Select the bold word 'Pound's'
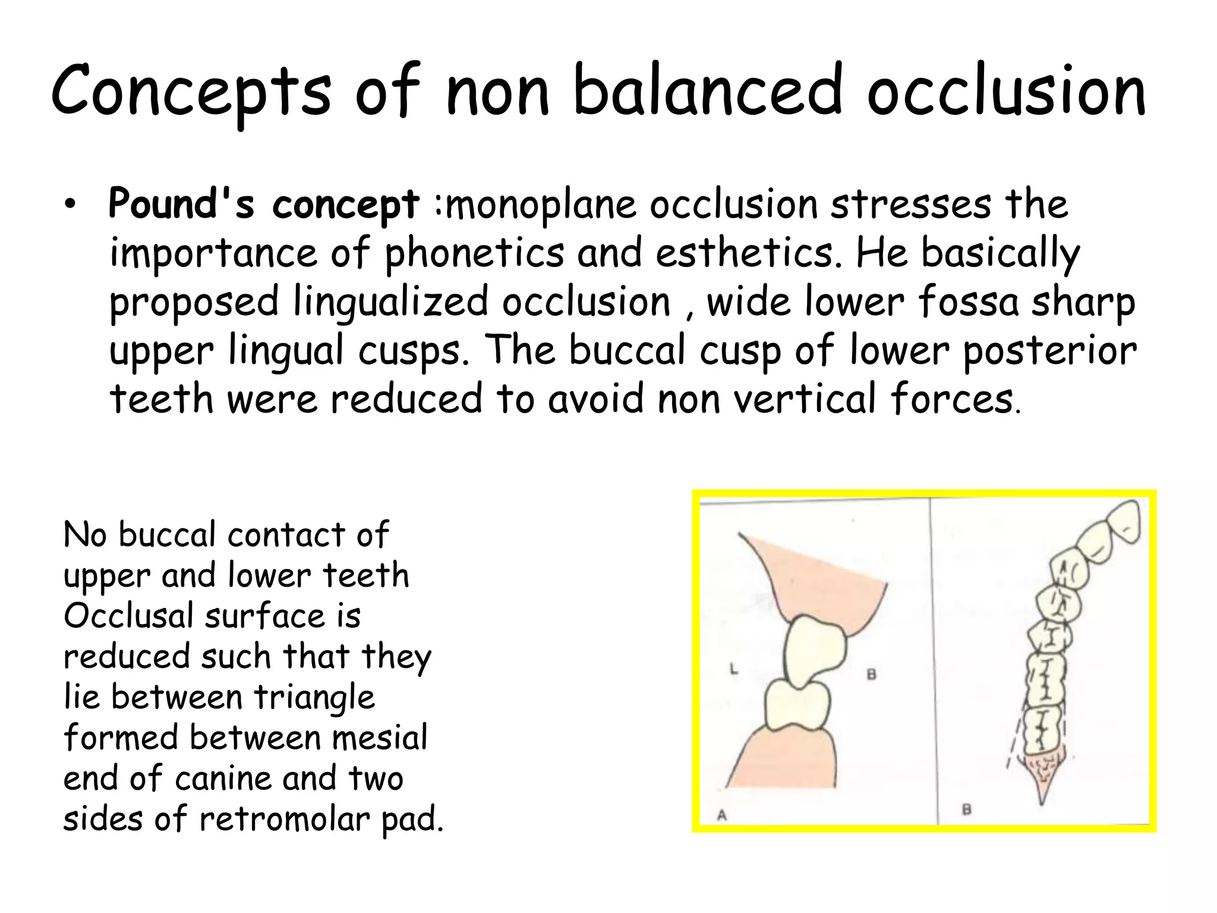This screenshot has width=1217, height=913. (x=181, y=204)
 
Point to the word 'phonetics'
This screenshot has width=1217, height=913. (x=474, y=253)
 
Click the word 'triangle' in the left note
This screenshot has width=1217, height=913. (x=314, y=697)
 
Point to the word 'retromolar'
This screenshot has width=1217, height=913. (x=285, y=818)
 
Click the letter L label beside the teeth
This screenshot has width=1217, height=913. (x=733, y=670)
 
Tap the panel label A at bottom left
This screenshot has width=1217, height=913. (x=721, y=815)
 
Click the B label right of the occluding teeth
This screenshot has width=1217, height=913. (x=871, y=675)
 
